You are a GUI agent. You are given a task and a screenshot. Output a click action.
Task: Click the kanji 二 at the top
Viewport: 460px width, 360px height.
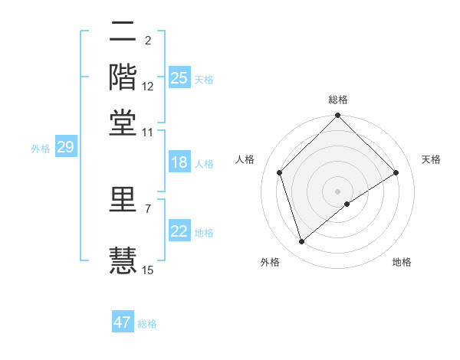pyautogui.click(x=123, y=32)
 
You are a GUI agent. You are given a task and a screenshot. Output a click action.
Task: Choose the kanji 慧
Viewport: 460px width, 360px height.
pyautogui.click(x=123, y=257)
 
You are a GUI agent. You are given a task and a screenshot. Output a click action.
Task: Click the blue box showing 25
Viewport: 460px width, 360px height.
pyautogui.click(x=179, y=78)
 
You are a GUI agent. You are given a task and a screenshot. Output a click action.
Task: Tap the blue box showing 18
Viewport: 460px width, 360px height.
pyautogui.click(x=179, y=163)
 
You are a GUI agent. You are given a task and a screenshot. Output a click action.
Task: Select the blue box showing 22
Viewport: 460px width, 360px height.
pyautogui.click(x=179, y=231)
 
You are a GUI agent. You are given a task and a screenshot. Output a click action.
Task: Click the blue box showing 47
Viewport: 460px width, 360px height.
pyautogui.click(x=123, y=322)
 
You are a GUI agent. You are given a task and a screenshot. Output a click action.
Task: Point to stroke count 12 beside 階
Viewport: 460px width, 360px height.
pyautogui.click(x=148, y=87)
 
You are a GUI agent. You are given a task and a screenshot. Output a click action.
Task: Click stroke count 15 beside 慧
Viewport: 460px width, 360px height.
pyautogui.click(x=148, y=269)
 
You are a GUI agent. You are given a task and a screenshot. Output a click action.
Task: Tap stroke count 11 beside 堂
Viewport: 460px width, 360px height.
pyautogui.click(x=148, y=132)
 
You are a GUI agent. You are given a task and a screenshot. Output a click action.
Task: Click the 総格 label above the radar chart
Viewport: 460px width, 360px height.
pyautogui.click(x=338, y=100)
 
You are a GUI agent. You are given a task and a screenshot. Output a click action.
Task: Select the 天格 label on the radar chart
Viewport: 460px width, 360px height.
pyautogui.click(x=431, y=159)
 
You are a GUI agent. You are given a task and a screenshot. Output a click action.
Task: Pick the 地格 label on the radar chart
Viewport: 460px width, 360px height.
pyautogui.click(x=402, y=262)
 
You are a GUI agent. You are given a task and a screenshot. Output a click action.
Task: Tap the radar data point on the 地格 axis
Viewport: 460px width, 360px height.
pyautogui.click(x=347, y=204)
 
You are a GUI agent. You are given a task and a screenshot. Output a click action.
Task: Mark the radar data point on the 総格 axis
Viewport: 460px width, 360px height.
pyautogui.click(x=338, y=116)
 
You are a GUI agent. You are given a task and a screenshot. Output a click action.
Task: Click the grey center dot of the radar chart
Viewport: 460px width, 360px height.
pyautogui.click(x=338, y=191)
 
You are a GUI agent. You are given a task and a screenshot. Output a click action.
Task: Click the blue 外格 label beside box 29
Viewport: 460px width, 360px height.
pyautogui.click(x=40, y=149)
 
